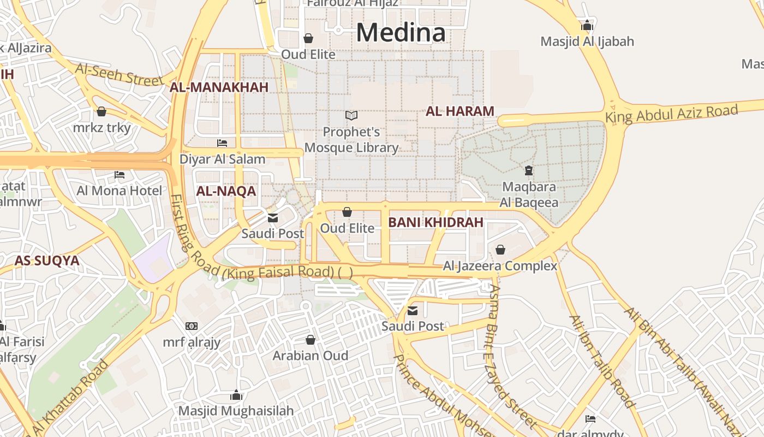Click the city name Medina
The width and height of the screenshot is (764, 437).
click(x=401, y=32)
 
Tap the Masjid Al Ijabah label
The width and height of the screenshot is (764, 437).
click(x=587, y=42)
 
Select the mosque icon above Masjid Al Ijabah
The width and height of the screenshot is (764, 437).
click(x=587, y=25)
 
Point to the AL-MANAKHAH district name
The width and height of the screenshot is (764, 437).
click(x=219, y=87)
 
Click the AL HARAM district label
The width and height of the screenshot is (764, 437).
click(x=459, y=111)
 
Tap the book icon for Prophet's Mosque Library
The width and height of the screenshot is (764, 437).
click(x=351, y=116)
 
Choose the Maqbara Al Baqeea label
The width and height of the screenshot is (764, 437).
click(x=529, y=194)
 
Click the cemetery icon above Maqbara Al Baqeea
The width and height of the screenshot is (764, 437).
click(x=528, y=171)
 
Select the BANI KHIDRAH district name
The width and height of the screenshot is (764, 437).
click(x=435, y=222)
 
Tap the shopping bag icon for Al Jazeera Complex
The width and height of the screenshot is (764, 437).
click(x=500, y=250)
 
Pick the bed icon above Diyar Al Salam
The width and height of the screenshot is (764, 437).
click(x=222, y=143)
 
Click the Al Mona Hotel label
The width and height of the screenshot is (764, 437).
click(x=119, y=191)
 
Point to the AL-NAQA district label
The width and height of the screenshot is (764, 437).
click(x=226, y=191)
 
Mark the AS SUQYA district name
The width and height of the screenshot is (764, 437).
click(x=47, y=261)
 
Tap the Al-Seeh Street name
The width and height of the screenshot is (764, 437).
click(x=119, y=74)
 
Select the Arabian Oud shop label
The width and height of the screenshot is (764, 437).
click(x=310, y=356)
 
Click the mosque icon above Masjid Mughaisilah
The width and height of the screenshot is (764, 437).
click(x=236, y=395)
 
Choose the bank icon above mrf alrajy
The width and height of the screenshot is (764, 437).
click(x=192, y=326)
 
